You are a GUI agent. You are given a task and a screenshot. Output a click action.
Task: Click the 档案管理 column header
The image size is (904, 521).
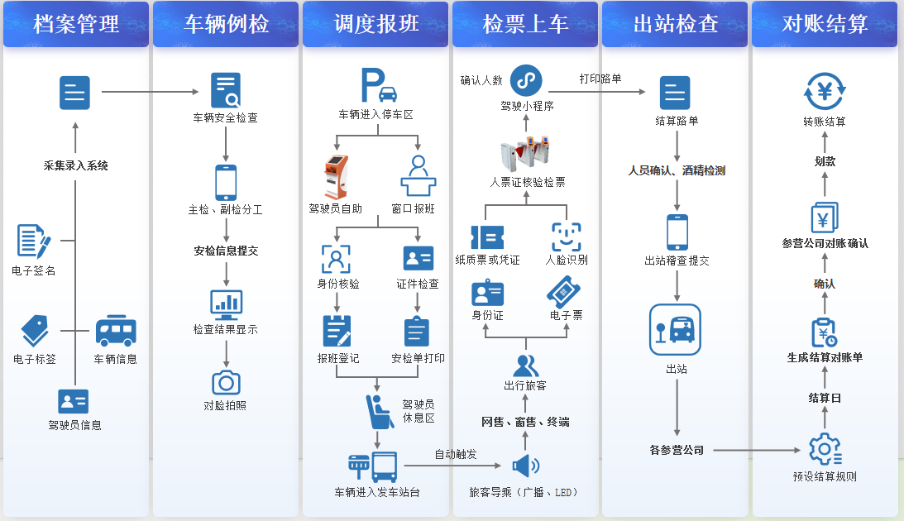76,24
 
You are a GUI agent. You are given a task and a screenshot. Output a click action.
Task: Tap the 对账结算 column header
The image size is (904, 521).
825,24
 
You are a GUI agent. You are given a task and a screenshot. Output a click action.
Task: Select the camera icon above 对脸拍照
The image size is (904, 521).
226,383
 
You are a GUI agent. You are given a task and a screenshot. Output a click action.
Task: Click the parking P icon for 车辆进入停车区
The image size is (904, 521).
379,85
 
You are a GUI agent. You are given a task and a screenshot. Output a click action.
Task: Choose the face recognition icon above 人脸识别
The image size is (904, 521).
567,237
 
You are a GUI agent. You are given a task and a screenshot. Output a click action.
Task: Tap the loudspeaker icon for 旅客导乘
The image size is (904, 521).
526,466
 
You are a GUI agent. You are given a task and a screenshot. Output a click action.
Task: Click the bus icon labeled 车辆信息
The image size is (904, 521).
115,331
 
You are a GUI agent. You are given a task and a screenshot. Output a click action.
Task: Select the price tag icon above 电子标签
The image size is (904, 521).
35,330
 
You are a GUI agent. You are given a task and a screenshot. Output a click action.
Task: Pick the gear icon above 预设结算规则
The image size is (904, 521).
825,449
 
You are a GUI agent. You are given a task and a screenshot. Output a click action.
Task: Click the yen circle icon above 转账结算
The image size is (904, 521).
825,91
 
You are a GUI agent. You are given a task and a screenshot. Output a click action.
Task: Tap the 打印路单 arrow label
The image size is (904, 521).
600,79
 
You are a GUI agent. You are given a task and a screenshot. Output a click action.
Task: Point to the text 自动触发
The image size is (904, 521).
456,454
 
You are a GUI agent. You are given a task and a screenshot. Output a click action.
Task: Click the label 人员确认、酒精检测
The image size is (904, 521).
677,170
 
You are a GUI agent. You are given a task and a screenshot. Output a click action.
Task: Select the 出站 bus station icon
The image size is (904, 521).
675,330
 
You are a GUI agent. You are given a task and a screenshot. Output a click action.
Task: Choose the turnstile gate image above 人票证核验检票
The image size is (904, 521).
525,155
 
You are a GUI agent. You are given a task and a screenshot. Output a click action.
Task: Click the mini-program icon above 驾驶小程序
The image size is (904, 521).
526,80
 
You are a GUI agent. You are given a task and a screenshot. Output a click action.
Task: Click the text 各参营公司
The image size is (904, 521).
677,450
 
